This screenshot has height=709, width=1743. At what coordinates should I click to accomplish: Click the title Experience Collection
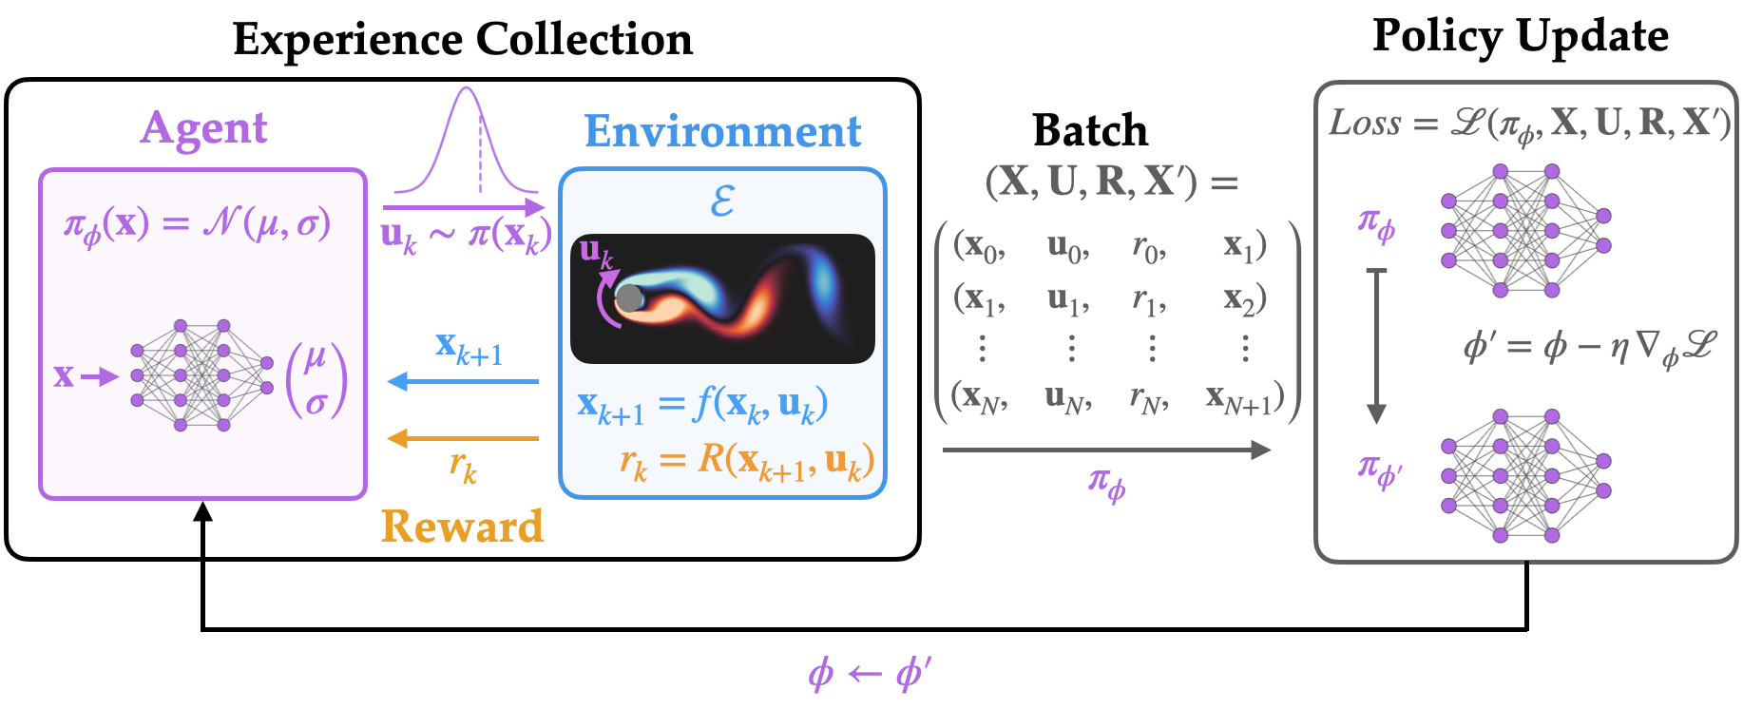pos(463,40)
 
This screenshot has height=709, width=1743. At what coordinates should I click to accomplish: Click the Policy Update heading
pos(1520,36)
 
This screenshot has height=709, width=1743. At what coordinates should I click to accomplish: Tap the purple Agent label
pos(203,128)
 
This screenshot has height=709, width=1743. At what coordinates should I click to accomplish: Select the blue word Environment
pos(722,131)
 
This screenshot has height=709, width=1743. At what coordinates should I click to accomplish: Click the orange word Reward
pos(462,527)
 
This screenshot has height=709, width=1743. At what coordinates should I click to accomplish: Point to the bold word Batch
pos(1090,130)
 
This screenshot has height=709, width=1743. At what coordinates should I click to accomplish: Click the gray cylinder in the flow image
pos(629,297)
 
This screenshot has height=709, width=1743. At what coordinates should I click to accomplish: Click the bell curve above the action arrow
pos(466,143)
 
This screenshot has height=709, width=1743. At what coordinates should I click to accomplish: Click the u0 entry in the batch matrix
pos(1068,247)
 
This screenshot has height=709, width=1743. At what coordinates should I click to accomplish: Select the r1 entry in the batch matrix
pos(1149,300)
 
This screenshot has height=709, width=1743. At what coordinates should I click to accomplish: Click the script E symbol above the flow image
pos(722,201)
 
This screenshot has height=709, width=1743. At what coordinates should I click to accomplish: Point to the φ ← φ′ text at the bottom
pos(869,674)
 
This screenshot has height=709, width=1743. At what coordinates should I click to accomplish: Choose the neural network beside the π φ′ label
pos(1525,476)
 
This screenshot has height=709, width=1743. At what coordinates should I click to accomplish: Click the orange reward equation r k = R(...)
pos(746,461)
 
